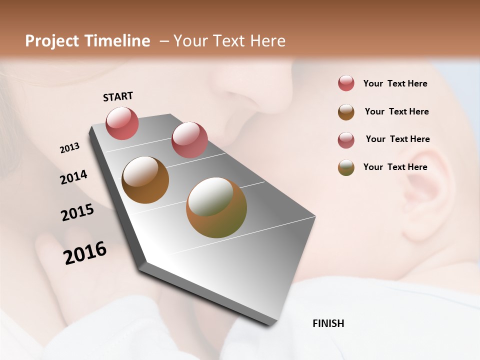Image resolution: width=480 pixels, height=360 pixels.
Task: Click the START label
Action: [x=118, y=96]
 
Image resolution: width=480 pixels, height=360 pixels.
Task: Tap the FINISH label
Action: [x=328, y=323]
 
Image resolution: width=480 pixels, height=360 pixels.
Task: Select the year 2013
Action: [x=69, y=148]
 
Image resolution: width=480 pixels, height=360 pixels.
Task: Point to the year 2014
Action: [x=73, y=177]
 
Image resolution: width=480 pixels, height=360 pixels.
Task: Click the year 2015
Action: [x=77, y=212]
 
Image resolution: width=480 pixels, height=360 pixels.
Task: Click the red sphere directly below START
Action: [x=122, y=123]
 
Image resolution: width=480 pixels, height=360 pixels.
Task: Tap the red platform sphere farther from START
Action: [x=189, y=139]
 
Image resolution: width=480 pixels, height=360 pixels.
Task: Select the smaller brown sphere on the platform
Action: [x=145, y=180]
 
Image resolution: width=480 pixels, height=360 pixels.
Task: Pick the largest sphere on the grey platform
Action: [x=216, y=207]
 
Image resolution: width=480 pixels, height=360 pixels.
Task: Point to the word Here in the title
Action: [x=267, y=41]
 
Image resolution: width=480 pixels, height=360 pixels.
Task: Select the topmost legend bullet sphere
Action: [x=346, y=83]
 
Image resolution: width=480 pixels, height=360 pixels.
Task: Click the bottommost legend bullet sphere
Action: [x=346, y=167]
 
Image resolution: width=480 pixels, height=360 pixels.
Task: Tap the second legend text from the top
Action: [x=396, y=111]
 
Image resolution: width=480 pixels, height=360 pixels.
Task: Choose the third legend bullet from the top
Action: [x=346, y=140]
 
